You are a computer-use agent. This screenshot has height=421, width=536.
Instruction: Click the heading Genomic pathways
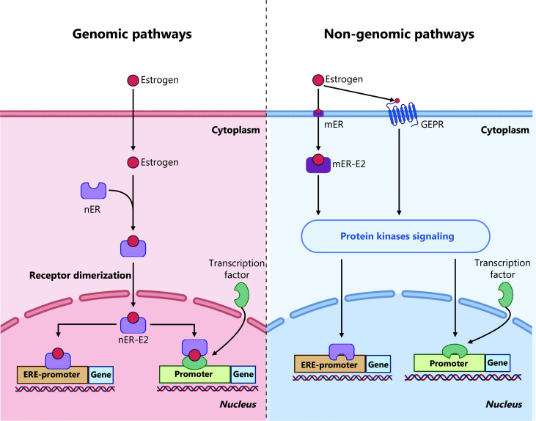point(132,35)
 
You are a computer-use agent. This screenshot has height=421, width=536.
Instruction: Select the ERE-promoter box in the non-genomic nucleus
point(329,364)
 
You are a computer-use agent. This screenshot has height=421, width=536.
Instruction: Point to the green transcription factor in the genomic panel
point(241,295)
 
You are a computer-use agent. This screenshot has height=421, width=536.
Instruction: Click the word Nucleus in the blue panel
point(504,405)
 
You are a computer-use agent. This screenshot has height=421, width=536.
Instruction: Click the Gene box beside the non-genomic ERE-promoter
point(378,364)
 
